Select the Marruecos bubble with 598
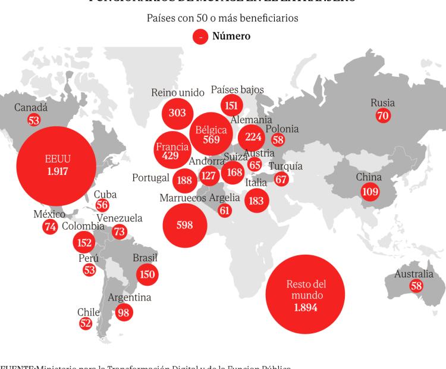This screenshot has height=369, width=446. (x=185, y=224)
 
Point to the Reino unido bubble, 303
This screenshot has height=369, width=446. (x=177, y=113)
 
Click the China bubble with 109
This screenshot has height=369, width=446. (x=369, y=190)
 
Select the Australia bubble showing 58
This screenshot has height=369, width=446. (x=416, y=286)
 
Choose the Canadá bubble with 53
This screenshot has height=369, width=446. (x=33, y=120)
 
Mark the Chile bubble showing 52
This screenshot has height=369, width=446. (x=86, y=323)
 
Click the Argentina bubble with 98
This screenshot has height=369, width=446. (x=124, y=312)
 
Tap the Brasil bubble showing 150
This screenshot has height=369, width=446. (x=146, y=274)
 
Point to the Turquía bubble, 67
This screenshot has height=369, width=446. (x=281, y=179)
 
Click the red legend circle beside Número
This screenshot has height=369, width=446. (x=200, y=37)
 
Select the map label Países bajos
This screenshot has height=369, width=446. (x=237, y=90)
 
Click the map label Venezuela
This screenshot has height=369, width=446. (x=120, y=218)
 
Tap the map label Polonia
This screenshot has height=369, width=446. (x=282, y=129)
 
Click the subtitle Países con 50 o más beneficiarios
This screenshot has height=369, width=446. (x=222, y=18)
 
